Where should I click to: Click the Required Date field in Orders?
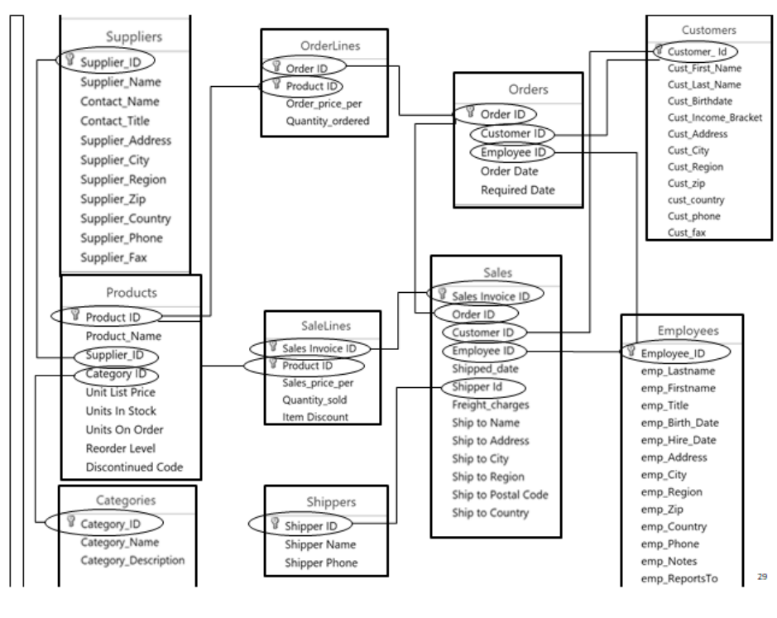coord(517,190)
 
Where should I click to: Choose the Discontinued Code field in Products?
coord(134,467)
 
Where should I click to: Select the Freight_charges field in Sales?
coord(491,405)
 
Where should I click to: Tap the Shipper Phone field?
coord(320,563)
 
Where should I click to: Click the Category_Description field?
coord(132,560)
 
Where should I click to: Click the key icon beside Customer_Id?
coord(659,51)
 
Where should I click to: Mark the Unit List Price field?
coord(121,392)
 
